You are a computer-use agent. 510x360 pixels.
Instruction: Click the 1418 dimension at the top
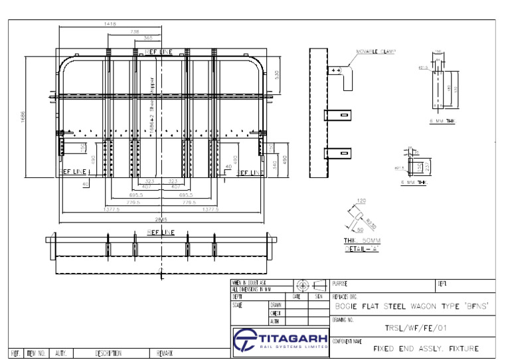[x=110, y=24]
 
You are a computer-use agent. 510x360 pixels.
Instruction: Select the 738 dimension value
[x=135, y=31]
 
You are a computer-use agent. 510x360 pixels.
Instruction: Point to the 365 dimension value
[x=147, y=39]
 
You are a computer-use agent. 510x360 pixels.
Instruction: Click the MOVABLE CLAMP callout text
[x=376, y=50]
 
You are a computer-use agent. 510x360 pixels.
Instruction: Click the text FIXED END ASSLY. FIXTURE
[x=425, y=348]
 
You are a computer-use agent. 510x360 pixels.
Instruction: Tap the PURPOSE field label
[x=340, y=284]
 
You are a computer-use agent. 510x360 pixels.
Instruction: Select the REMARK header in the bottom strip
[x=167, y=353]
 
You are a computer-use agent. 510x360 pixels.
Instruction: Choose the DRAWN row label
[x=276, y=305]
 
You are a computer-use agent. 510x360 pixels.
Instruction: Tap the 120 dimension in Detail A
[x=361, y=201]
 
